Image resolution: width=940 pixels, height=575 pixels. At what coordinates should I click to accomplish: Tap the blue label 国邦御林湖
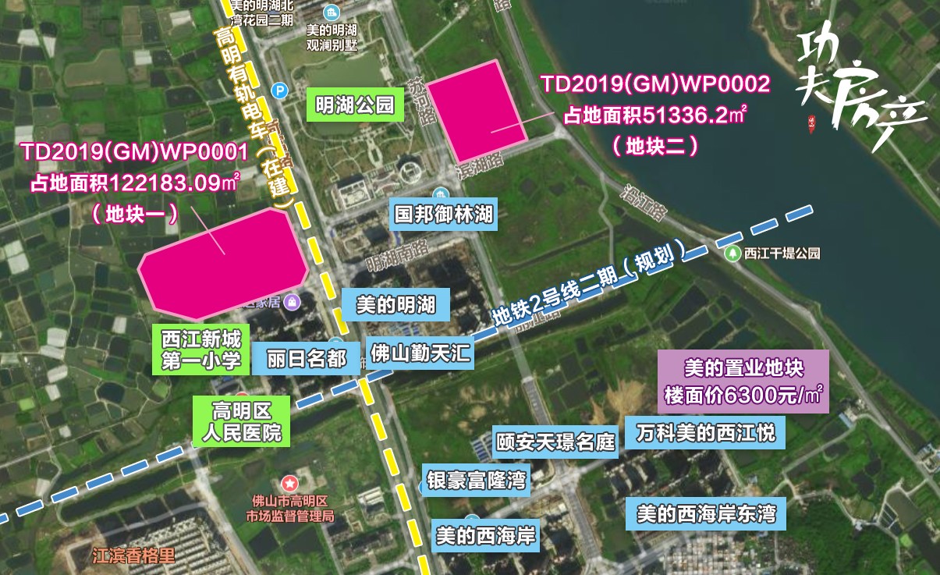pos(444,214)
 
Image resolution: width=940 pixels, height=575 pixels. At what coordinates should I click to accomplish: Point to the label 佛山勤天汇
pos(420,353)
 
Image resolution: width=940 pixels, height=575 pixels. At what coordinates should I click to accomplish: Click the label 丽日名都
pos(306,359)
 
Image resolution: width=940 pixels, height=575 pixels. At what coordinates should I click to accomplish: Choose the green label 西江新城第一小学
pos(200,350)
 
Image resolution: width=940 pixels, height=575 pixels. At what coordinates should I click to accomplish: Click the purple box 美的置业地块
pos(743,381)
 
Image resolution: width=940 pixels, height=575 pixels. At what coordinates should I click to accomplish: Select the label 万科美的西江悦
pos(706,432)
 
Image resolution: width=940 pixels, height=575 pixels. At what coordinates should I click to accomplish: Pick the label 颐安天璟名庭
pos(556,443)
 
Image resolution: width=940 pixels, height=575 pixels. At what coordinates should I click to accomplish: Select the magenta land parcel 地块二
pos(477,109)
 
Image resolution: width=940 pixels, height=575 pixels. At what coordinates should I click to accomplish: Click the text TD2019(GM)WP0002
pos(655,84)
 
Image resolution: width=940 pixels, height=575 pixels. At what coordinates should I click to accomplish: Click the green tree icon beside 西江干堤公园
pos(732,253)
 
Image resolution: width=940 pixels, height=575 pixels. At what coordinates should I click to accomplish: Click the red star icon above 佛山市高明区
pos(289,484)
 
